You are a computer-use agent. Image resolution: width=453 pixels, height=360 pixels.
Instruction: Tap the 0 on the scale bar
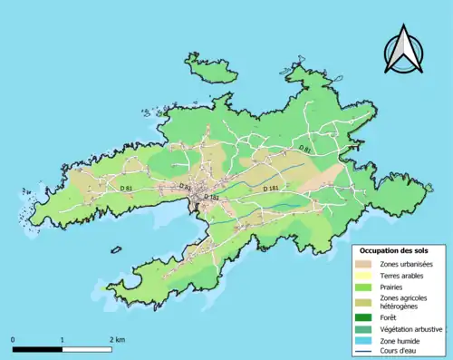[x=13, y=338]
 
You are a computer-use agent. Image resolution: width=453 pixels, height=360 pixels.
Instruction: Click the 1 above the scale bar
[x=62, y=338]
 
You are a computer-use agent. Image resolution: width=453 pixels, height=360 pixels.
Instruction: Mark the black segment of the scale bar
[x=37, y=348]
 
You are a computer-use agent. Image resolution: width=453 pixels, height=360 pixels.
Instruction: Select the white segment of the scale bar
[x=86, y=348]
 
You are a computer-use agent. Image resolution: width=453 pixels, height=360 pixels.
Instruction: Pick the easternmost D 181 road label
[x=270, y=189]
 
